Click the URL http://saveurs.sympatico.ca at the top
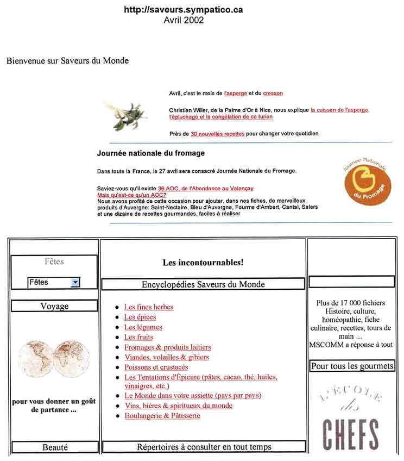(183, 10)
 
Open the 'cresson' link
(273, 94)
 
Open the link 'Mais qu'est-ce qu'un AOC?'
(131, 195)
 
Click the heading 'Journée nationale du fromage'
(150, 153)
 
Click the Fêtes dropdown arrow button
(75, 282)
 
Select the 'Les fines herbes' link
(149, 307)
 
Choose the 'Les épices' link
(140, 317)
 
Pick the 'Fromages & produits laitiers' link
(167, 347)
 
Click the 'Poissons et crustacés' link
(156, 367)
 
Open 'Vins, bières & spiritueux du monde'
(178, 406)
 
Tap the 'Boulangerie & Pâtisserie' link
(162, 416)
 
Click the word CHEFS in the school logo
(351, 433)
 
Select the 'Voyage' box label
(54, 306)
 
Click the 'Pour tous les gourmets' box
(352, 366)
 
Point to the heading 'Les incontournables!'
(203, 263)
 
